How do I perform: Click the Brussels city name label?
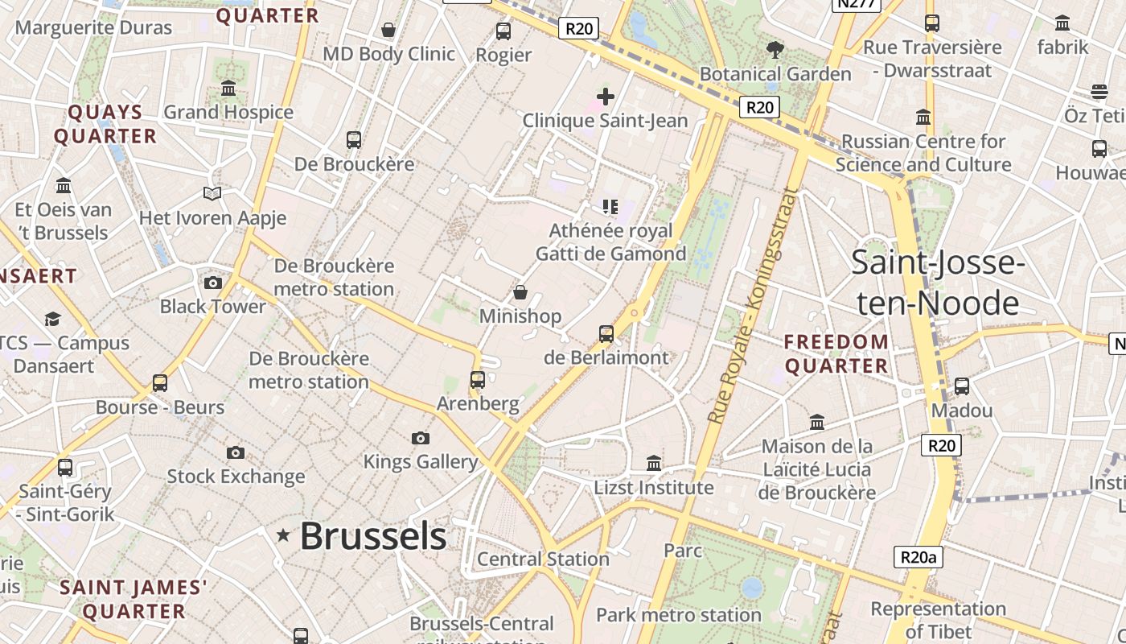pyautogui.click(x=372, y=536)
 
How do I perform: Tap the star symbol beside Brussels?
pyautogui.click(x=283, y=535)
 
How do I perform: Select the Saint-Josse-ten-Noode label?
pyautogui.click(x=937, y=283)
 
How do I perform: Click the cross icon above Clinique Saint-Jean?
pyautogui.click(x=606, y=97)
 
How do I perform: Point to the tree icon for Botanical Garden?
pyautogui.click(x=775, y=51)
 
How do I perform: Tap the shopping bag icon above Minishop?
pyautogui.click(x=520, y=292)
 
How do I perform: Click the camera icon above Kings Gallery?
pyautogui.click(x=420, y=438)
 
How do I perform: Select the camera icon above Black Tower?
pyautogui.click(x=213, y=283)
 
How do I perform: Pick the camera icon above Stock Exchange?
pyautogui.click(x=236, y=452)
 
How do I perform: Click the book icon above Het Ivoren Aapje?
pyautogui.click(x=212, y=194)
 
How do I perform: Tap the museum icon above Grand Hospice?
pyautogui.click(x=228, y=88)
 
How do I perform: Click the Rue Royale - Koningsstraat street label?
pyautogui.click(x=748, y=306)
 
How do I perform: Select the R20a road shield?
pyautogui.click(x=918, y=557)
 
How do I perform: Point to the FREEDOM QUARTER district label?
pyautogui.click(x=836, y=353)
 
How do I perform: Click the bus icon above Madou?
pyautogui.click(x=962, y=386)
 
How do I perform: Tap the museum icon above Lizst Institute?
pyautogui.click(x=654, y=464)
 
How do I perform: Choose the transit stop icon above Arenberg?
pyautogui.click(x=478, y=379)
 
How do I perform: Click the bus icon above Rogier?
pyautogui.click(x=503, y=31)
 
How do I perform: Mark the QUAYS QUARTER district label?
pyautogui.click(x=105, y=124)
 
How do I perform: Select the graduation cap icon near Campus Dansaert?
pyautogui.click(x=53, y=319)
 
